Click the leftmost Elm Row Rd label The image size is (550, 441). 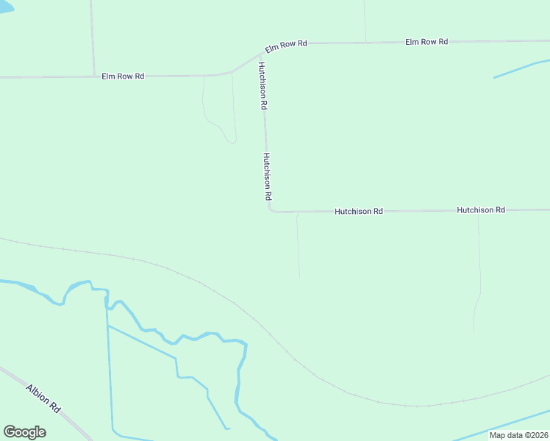(x=123, y=76)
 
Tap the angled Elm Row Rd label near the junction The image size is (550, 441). (x=286, y=46)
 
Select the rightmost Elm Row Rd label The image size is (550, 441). (x=426, y=42)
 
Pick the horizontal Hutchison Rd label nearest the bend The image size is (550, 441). (x=359, y=211)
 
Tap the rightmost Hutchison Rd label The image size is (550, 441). (x=481, y=210)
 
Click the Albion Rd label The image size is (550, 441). (x=43, y=398)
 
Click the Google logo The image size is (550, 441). (x=25, y=432)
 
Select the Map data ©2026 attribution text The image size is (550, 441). (x=518, y=435)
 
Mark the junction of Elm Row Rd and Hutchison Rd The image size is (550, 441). (x=261, y=54)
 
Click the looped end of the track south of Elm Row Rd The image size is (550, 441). (x=233, y=140)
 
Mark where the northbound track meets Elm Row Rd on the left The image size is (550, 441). (x=94, y=75)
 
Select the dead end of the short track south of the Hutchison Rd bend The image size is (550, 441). (x=299, y=277)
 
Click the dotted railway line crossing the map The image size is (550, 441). (x=221, y=294)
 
